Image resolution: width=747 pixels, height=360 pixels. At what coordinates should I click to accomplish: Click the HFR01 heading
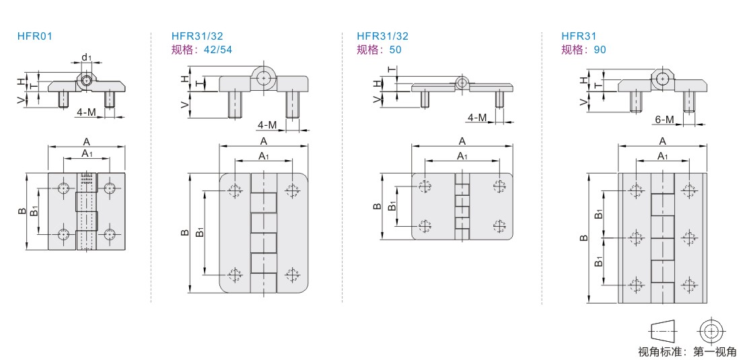[x=35, y=36]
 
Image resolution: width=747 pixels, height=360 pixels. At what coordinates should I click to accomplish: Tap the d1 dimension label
[x=85, y=58]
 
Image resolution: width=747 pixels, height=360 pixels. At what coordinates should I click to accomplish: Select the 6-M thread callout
[x=665, y=120]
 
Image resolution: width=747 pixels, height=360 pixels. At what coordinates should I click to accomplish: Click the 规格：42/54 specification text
[x=201, y=50]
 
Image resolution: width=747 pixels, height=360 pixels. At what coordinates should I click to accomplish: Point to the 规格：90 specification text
[x=583, y=50]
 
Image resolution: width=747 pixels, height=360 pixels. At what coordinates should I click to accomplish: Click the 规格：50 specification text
[x=379, y=50]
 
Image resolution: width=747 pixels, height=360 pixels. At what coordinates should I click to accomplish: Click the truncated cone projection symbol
[x=663, y=329]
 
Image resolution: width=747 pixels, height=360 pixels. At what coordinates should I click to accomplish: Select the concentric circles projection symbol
[x=712, y=330]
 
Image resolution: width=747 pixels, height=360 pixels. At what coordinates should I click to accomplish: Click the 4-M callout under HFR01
[x=86, y=112]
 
